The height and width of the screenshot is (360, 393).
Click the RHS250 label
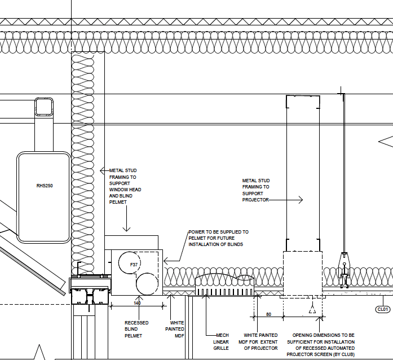tap(45, 185)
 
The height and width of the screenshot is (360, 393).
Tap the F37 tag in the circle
tap(134, 264)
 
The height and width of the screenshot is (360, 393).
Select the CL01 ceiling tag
tap(383, 309)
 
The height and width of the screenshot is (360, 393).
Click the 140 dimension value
tap(138, 303)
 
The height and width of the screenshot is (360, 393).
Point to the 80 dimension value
tap(268, 314)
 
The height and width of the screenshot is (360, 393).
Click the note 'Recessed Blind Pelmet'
tap(136, 329)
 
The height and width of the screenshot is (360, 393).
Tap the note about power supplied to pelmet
tap(218, 238)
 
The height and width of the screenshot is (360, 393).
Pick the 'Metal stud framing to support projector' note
tap(256, 190)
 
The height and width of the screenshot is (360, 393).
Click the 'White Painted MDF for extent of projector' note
tap(260, 341)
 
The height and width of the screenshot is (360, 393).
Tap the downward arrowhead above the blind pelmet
tap(127, 229)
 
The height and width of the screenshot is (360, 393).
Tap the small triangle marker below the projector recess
tap(312, 309)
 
